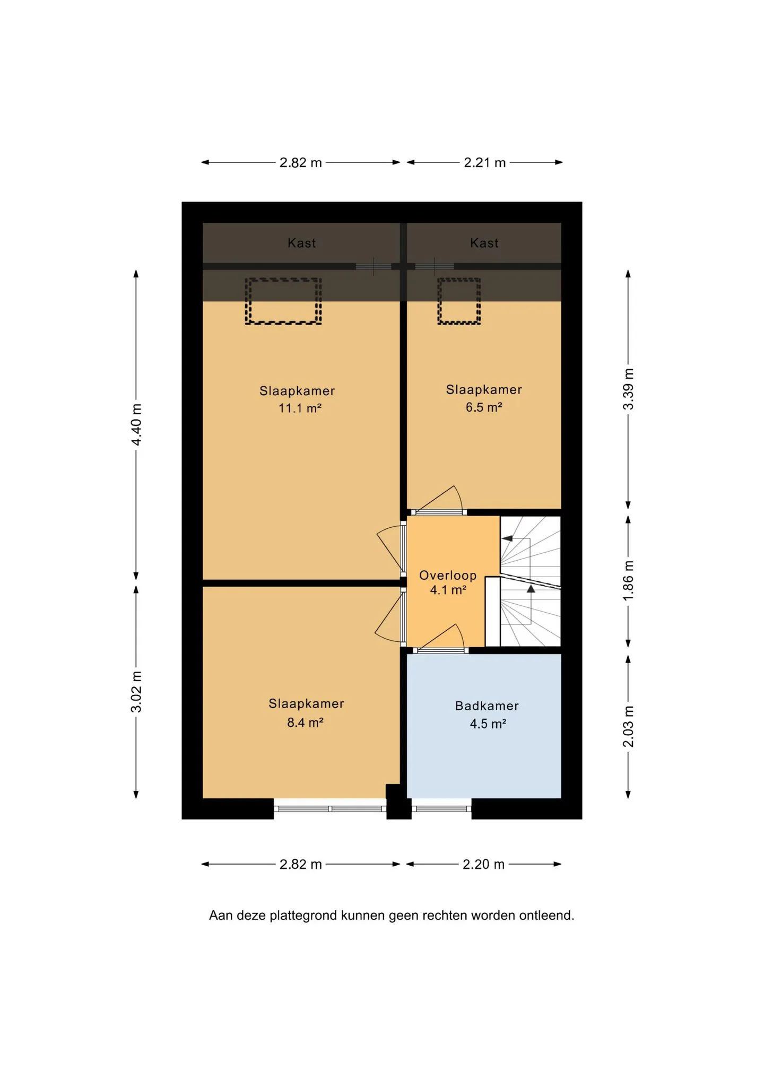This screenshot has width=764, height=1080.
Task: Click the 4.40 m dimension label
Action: (136, 425)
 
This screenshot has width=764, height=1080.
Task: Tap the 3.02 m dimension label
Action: (136, 692)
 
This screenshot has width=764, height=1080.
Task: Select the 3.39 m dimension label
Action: (628, 389)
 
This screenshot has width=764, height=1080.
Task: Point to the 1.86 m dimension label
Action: (628, 581)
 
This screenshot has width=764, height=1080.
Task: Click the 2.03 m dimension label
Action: (628, 726)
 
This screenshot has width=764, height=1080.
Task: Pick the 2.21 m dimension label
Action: (485, 162)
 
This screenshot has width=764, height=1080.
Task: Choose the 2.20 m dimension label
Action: (483, 864)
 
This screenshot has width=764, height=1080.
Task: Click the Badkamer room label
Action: (487, 706)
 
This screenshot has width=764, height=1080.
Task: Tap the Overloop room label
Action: (448, 576)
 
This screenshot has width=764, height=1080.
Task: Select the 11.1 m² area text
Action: (300, 408)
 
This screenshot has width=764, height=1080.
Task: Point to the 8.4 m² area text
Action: (305, 722)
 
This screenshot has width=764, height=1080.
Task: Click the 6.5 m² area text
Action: (484, 407)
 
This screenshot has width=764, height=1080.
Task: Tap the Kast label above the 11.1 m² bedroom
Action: (301, 243)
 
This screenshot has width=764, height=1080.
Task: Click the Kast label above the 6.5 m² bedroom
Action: (484, 243)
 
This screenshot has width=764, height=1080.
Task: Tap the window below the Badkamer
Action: (441, 809)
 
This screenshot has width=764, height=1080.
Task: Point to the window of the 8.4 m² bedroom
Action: (330, 809)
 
